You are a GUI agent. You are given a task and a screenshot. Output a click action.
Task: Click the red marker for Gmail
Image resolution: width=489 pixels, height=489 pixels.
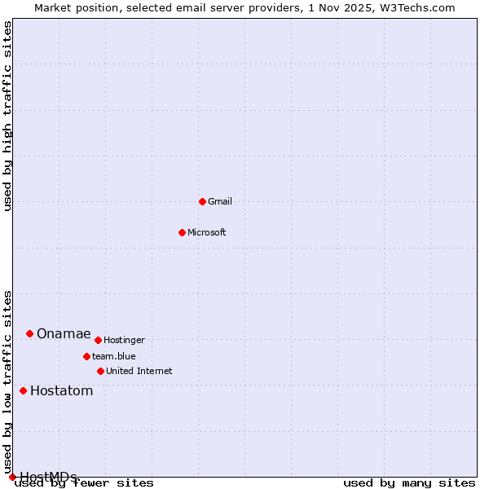[x=202, y=201]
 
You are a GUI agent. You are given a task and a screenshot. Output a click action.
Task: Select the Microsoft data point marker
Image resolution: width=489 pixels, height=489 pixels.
[x=182, y=232]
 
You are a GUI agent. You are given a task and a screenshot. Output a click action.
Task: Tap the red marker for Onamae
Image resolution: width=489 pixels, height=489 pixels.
[x=29, y=333]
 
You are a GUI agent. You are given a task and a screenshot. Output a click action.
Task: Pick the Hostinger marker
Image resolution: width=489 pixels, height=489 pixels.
[x=98, y=340]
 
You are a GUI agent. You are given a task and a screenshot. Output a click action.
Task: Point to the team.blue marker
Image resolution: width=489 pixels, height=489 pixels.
[x=86, y=356]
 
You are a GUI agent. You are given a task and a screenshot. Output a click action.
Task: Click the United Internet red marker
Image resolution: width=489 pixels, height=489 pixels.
[x=100, y=371]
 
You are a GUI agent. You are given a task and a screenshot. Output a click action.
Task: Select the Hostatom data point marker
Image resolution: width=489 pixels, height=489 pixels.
[x=23, y=390]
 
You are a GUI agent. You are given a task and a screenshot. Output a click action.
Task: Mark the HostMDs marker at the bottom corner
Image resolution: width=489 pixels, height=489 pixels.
[x=12, y=477]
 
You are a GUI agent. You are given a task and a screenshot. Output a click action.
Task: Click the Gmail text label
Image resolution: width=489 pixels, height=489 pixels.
[x=220, y=201]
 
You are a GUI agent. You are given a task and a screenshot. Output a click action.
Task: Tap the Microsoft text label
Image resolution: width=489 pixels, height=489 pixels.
[x=207, y=232]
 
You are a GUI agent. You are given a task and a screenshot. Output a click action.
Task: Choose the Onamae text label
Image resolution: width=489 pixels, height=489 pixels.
[x=64, y=334]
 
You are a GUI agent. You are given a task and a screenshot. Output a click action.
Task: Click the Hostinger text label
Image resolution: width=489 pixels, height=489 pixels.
[x=125, y=340]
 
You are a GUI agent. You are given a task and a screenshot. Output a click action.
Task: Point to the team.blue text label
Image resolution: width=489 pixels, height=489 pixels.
[x=114, y=356]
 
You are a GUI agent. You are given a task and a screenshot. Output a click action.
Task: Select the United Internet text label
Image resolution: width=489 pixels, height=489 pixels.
[x=139, y=371]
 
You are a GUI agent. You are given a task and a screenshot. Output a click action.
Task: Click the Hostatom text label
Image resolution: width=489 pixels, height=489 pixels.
[x=62, y=391]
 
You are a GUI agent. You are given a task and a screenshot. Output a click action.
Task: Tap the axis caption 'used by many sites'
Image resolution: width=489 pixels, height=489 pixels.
[x=409, y=483]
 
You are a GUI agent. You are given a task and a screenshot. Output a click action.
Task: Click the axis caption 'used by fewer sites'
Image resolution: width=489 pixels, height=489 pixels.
[x=85, y=483]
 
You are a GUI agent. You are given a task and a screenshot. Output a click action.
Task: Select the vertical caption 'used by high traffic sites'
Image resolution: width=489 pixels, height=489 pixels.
[x=8, y=116]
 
